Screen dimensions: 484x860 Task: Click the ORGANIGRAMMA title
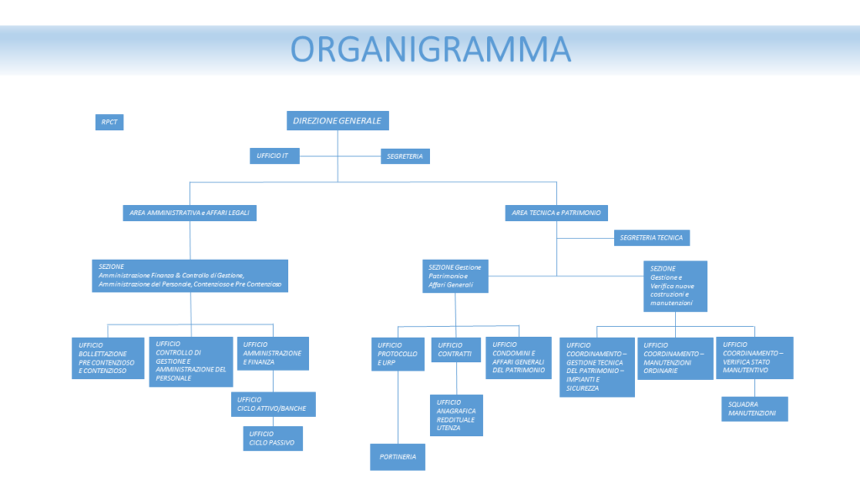[429, 49]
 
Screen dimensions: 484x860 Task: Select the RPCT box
[109, 122]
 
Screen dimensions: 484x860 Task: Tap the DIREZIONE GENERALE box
[337, 121]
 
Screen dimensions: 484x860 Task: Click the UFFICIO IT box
[274, 155]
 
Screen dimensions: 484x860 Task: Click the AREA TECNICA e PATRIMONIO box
[556, 213]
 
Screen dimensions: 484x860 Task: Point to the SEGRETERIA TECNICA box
[652, 238]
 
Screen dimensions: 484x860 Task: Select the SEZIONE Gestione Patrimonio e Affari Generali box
[455, 276]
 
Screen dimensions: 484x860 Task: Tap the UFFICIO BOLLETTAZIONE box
[107, 358]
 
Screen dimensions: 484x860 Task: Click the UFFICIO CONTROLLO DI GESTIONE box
[191, 361]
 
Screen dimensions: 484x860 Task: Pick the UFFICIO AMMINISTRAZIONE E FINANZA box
[273, 354]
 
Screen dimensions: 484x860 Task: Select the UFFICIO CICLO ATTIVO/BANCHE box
[274, 404]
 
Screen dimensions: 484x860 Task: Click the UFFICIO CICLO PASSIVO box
[272, 437]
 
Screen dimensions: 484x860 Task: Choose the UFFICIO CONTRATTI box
[455, 350]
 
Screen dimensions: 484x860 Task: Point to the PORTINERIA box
[398, 456]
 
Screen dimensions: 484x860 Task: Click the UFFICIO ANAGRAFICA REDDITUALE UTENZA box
[457, 415]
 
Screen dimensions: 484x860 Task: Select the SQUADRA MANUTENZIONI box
[754, 408]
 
